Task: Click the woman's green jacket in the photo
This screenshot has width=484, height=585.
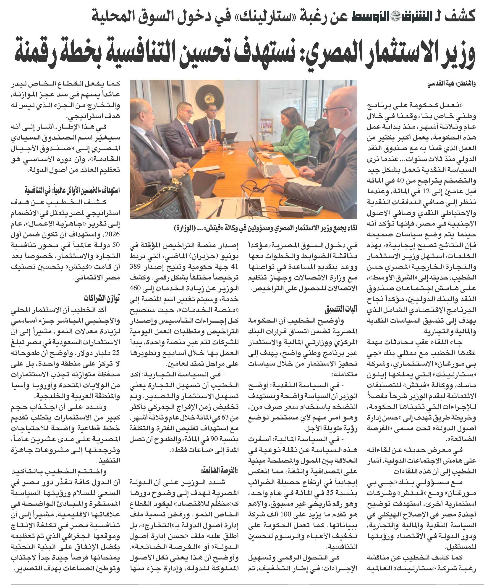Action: pos(290,139)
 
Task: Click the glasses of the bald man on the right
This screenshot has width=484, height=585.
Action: pos(333,110)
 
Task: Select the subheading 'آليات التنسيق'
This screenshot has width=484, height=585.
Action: pos(341,309)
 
